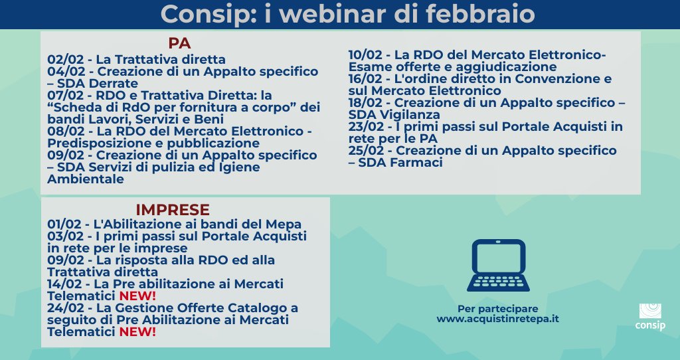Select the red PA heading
coord(179,43)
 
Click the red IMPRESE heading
coord(173,210)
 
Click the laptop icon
coord(497,266)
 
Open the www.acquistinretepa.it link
coord(497,319)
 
